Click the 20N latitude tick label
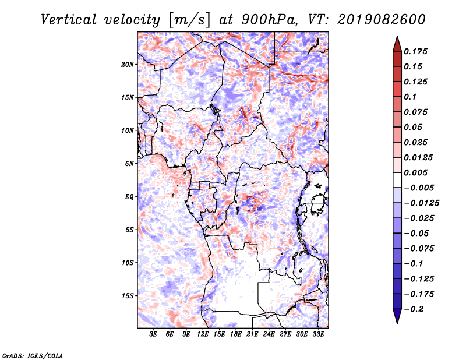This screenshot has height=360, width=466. [128, 65]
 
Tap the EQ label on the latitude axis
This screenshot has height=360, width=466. [129, 197]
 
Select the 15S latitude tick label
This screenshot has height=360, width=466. [128, 296]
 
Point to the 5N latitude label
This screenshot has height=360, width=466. [129, 164]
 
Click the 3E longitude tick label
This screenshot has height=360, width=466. [153, 334]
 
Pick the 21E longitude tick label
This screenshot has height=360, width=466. [252, 334]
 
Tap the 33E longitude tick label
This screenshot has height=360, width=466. [318, 334]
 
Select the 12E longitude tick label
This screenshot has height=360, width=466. [203, 334]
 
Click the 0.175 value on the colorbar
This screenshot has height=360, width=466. [415, 51]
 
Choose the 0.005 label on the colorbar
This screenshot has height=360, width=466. [415, 172]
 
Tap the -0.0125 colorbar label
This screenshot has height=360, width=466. [422, 203]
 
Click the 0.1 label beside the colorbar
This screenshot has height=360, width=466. [410, 97]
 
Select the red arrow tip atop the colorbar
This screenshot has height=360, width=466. [397, 36]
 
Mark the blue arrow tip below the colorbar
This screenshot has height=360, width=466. [397, 323]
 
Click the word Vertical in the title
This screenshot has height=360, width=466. [68, 20]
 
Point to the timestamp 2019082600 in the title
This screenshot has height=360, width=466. [382, 20]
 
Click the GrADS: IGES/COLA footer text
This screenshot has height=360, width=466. [33, 356]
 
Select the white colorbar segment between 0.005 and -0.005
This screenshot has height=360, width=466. [397, 180]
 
